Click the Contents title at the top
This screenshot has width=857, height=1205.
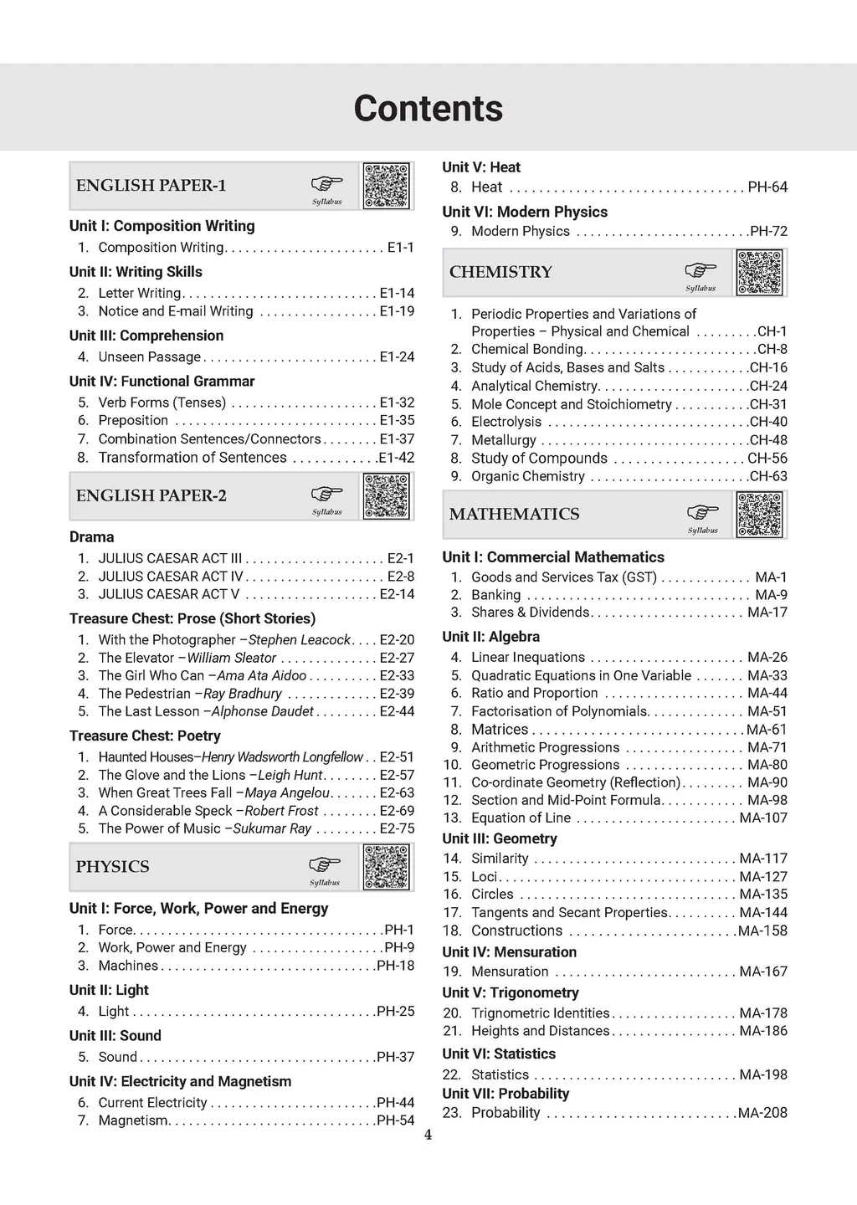click(x=428, y=109)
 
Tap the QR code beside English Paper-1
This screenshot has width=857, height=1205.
click(x=387, y=186)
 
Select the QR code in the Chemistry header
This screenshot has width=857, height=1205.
click(x=760, y=273)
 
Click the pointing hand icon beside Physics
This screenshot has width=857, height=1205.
click(x=326, y=864)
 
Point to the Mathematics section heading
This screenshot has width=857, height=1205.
click(x=514, y=514)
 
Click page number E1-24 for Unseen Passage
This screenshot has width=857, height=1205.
click(x=397, y=356)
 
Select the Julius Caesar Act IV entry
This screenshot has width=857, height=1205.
click(x=171, y=576)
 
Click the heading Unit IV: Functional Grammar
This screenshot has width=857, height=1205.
click(x=162, y=381)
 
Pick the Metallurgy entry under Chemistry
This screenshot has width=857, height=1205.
click(x=503, y=440)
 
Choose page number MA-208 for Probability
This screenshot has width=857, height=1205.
click(x=762, y=1113)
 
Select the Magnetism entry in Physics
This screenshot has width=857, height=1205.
click(x=133, y=1120)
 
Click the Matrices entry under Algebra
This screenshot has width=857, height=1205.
click(x=500, y=730)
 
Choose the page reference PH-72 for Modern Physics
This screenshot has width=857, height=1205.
click(x=768, y=231)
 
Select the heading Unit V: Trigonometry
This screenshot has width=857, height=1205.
click(x=511, y=992)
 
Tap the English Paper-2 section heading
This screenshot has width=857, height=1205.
click(x=151, y=495)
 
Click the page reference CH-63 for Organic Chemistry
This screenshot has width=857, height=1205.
click(x=768, y=476)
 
